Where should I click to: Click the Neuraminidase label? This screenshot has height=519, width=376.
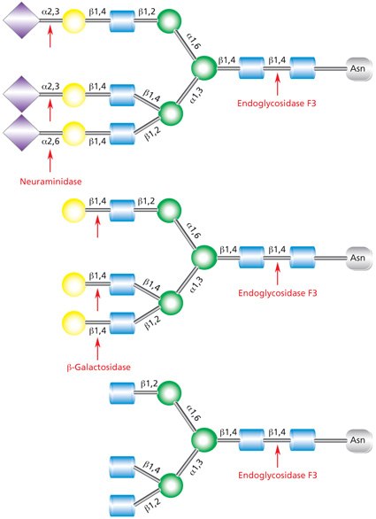(x=51, y=182)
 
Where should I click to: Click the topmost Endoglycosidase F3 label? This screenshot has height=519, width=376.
(x=277, y=103)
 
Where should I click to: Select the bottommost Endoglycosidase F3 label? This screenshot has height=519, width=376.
(x=277, y=475)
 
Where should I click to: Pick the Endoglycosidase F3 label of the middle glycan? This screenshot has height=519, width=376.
(x=277, y=292)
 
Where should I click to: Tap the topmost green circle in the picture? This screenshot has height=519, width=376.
(x=169, y=19)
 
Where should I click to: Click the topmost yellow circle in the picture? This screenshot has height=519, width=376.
(x=74, y=19)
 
